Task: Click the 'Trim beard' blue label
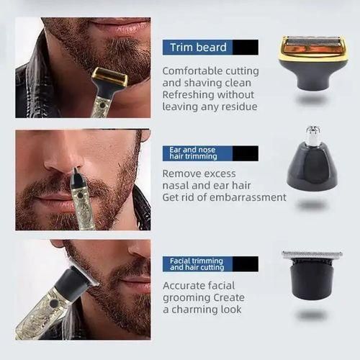tap(198, 48)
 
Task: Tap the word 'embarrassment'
tap(248, 197)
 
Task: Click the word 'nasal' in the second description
tap(176, 185)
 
